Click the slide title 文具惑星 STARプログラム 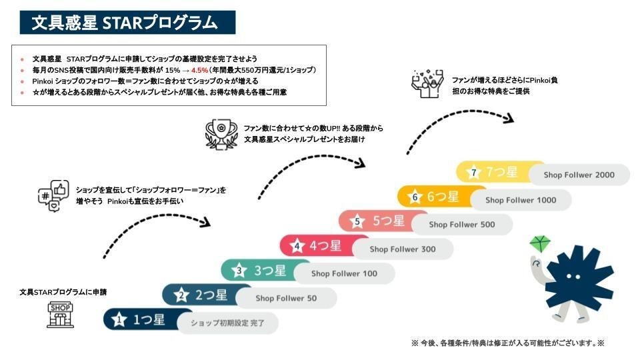[x=125, y=23]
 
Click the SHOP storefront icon [x=59, y=315]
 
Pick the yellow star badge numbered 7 [x=473, y=173]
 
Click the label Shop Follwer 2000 [x=579, y=175]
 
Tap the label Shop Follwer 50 [x=286, y=298]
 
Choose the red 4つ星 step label [x=325, y=246]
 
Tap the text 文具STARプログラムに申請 [x=63, y=292]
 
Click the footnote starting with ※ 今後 [x=507, y=343]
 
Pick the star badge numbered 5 [x=357, y=222]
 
